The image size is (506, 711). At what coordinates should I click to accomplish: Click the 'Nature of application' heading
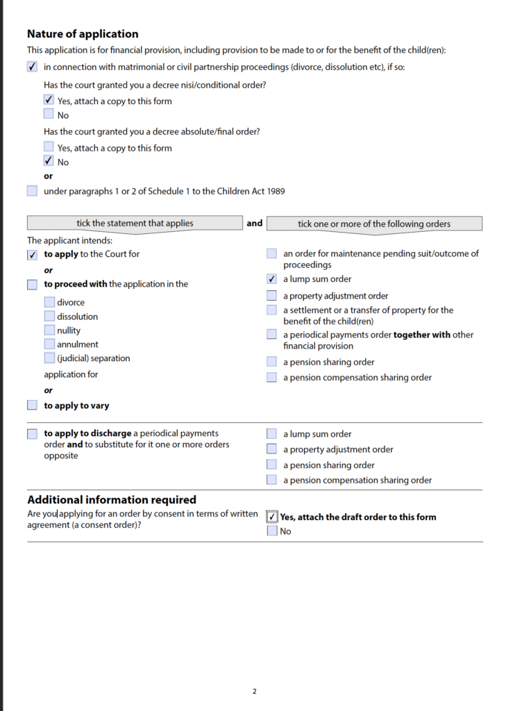click(82, 34)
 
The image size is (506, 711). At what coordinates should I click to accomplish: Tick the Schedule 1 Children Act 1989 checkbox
click(32, 191)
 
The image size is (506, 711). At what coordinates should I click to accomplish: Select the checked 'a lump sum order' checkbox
click(272, 279)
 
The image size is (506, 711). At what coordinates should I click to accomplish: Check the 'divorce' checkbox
click(49, 302)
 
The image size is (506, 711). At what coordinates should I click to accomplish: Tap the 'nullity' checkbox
click(49, 331)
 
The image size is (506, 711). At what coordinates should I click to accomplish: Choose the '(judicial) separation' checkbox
click(49, 358)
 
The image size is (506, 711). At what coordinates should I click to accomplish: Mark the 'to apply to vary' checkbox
click(32, 405)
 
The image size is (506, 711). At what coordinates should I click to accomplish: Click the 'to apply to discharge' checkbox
click(32, 434)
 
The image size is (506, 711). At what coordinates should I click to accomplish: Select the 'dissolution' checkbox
click(49, 316)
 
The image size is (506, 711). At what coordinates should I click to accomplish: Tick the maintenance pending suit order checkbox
click(272, 254)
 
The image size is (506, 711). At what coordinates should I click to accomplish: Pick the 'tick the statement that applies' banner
click(135, 224)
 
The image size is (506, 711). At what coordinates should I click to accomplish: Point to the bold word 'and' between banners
click(255, 223)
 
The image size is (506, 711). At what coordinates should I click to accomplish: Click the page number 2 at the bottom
click(254, 692)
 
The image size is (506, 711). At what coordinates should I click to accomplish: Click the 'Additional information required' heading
click(111, 500)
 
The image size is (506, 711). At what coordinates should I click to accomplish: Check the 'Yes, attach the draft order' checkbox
click(272, 517)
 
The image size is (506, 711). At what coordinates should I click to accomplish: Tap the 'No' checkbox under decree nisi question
click(49, 115)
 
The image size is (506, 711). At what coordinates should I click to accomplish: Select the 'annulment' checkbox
click(49, 344)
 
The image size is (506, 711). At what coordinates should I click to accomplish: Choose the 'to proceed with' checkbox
click(32, 284)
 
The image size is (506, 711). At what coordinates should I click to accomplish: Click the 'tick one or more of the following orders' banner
click(374, 224)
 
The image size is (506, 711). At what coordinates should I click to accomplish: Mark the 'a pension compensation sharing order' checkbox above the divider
click(272, 378)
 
